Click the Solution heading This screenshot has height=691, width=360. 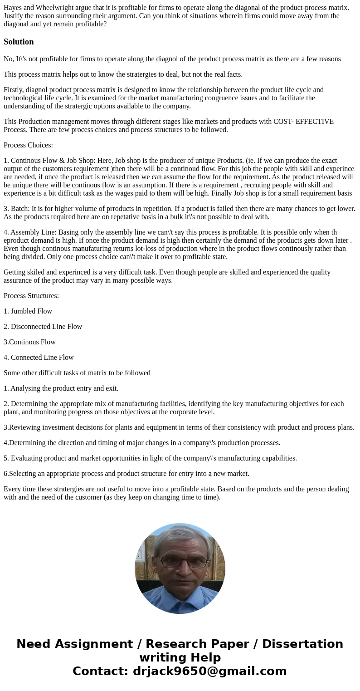tap(19, 42)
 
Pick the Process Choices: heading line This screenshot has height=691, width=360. tap(28, 145)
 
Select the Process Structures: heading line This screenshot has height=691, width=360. tap(31, 296)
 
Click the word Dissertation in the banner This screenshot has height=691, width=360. tap(302, 644)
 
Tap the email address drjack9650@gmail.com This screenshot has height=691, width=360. tap(209, 671)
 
